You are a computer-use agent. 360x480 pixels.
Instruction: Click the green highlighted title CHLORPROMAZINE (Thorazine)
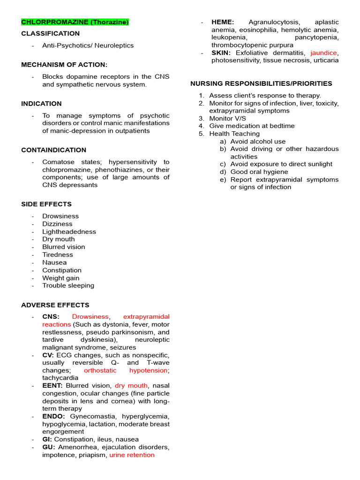[75, 22]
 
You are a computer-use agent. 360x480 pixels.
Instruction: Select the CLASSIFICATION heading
[50, 34]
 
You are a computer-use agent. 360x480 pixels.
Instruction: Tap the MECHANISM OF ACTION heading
[64, 65]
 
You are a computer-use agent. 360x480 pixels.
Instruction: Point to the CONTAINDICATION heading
[53, 150]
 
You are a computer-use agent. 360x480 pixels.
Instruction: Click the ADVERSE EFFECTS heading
[55, 305]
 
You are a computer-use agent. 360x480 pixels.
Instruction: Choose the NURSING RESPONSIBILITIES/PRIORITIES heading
[261, 83]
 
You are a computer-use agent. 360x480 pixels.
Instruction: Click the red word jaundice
[323, 53]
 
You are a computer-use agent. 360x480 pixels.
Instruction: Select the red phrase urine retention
[132, 455]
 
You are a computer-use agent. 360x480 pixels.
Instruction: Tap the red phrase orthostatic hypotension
[126, 370]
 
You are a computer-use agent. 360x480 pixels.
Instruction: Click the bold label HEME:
[223, 22]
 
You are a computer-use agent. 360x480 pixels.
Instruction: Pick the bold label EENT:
[52, 385]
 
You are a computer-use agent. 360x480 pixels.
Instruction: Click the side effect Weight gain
[60, 278]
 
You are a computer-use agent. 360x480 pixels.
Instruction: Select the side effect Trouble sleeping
[68, 285]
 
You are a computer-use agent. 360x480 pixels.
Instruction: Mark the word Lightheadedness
[69, 232]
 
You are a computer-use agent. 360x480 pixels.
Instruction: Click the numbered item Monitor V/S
[227, 119]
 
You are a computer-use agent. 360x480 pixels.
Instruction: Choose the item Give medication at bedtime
[252, 126]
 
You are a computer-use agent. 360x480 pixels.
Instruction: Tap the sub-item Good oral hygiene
[259, 172]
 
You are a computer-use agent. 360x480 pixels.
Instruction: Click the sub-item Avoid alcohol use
[258, 142]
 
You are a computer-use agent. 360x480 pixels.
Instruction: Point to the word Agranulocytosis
[274, 22]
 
